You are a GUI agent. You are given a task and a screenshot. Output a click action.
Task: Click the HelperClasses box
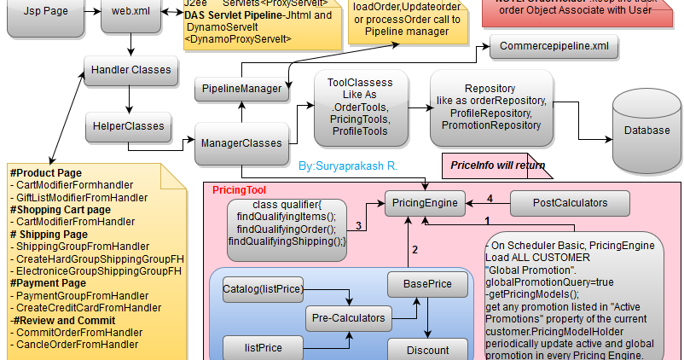[x=129, y=126]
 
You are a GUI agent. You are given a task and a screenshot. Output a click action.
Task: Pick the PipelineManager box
[x=241, y=89]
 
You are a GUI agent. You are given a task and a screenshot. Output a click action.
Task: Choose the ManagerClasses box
[x=241, y=143]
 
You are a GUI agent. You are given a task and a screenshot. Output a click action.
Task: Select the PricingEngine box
[x=424, y=203]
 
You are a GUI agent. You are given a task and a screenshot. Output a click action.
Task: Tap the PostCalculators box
[x=570, y=203]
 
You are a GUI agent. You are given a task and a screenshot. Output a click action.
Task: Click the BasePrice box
[x=427, y=283]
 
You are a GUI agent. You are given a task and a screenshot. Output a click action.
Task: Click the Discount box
[x=427, y=349]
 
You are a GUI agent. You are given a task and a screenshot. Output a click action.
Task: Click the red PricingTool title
[x=239, y=190]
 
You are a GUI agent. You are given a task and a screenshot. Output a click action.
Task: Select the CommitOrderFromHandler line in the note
[x=78, y=332]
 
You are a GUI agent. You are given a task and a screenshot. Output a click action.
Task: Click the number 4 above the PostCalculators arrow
[x=489, y=198]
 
